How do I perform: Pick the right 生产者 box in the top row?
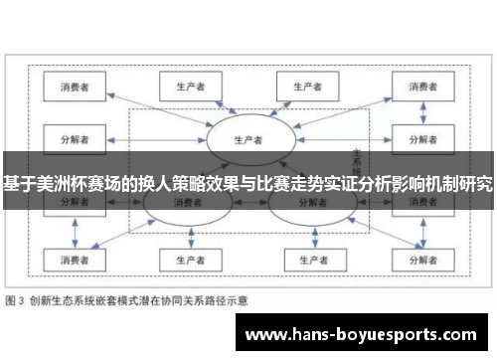point(306,87)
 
